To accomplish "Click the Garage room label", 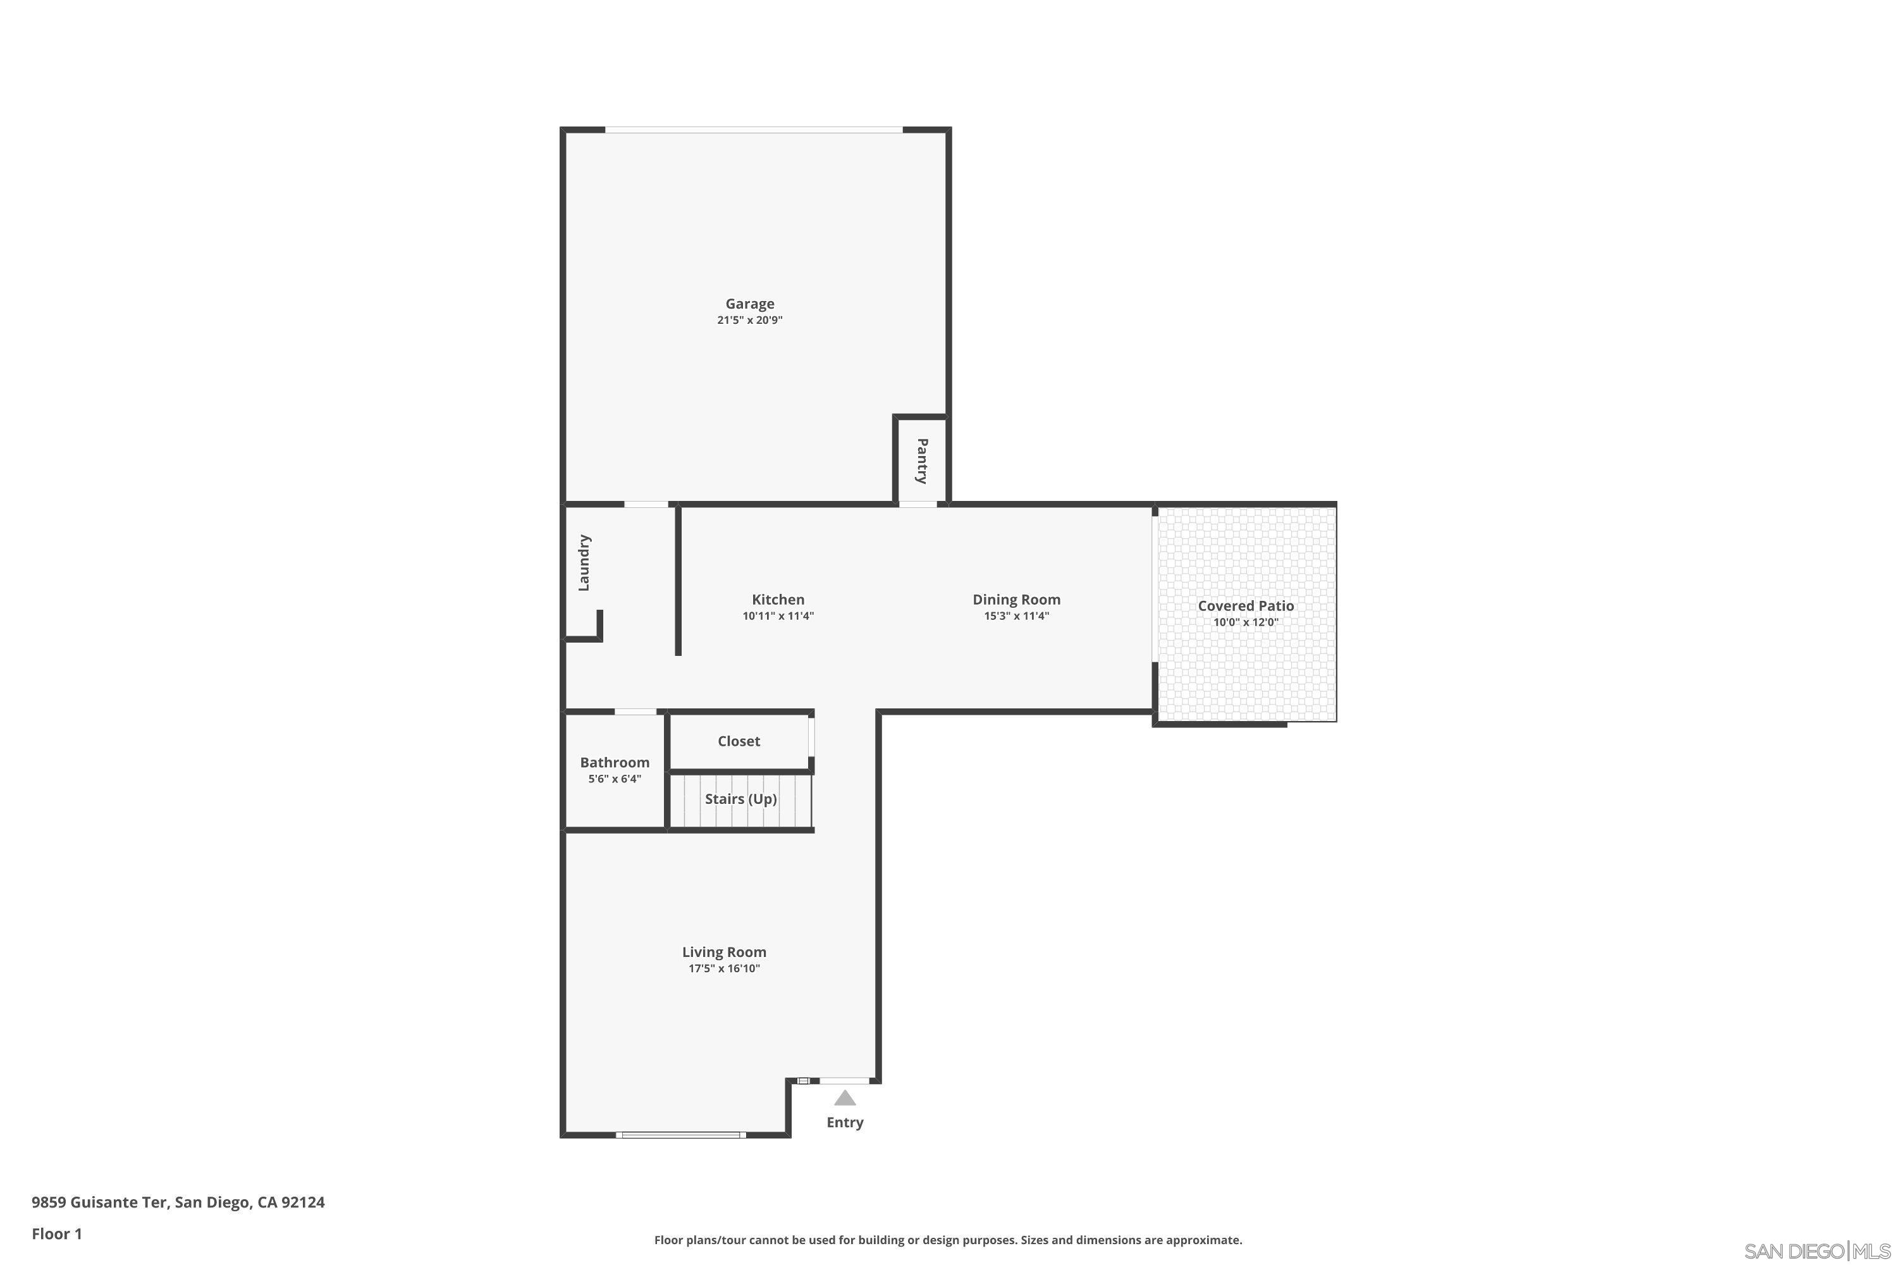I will click(749, 304).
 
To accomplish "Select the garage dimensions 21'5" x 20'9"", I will click(749, 320).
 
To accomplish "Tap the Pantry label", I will click(922, 460).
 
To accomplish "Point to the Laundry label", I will click(584, 562).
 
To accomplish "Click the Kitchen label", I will click(778, 600).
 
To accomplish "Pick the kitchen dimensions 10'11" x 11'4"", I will click(778, 616).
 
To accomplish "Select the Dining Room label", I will click(1016, 600).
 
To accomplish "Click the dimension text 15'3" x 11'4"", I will click(1016, 616).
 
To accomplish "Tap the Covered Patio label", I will click(1244, 606).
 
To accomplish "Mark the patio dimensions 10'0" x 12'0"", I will click(1244, 622).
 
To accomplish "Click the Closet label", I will click(738, 741).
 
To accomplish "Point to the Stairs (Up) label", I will click(740, 799).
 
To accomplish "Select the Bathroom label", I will click(614, 762).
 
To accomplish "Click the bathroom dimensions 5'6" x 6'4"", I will click(614, 779).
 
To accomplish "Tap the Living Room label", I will click(723, 952).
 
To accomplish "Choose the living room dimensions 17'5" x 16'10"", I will click(723, 969).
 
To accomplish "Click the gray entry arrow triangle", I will click(844, 1098).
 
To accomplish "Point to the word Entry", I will click(844, 1122).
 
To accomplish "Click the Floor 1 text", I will click(56, 1233).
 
